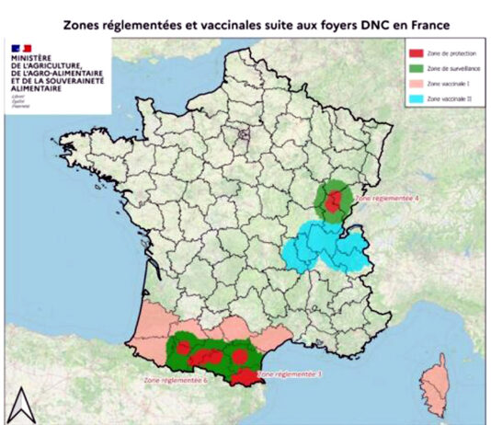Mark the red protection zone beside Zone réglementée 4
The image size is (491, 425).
coord(336,198)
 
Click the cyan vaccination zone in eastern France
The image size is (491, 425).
coord(322,250)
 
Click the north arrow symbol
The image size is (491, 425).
coord(19,400)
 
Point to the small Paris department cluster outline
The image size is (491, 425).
coord(244,134)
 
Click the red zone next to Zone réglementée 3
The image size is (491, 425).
coord(245,375)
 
